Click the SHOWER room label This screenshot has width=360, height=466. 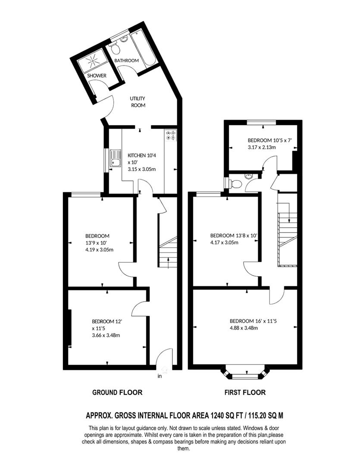click(97, 76)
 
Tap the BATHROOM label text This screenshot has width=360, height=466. click(126, 60)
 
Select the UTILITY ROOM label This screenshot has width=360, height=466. click(138, 102)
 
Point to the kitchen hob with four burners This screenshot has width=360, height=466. click(170, 136)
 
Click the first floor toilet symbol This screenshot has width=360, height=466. click(235, 184)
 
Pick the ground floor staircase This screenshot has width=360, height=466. click(168, 252)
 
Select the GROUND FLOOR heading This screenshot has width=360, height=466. click(117, 392)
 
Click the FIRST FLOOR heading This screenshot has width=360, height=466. click(245, 392)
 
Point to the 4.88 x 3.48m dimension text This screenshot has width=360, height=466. click(244, 328)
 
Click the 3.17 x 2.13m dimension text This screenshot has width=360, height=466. click(262, 147)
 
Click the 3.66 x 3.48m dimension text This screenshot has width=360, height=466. click(106, 335)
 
